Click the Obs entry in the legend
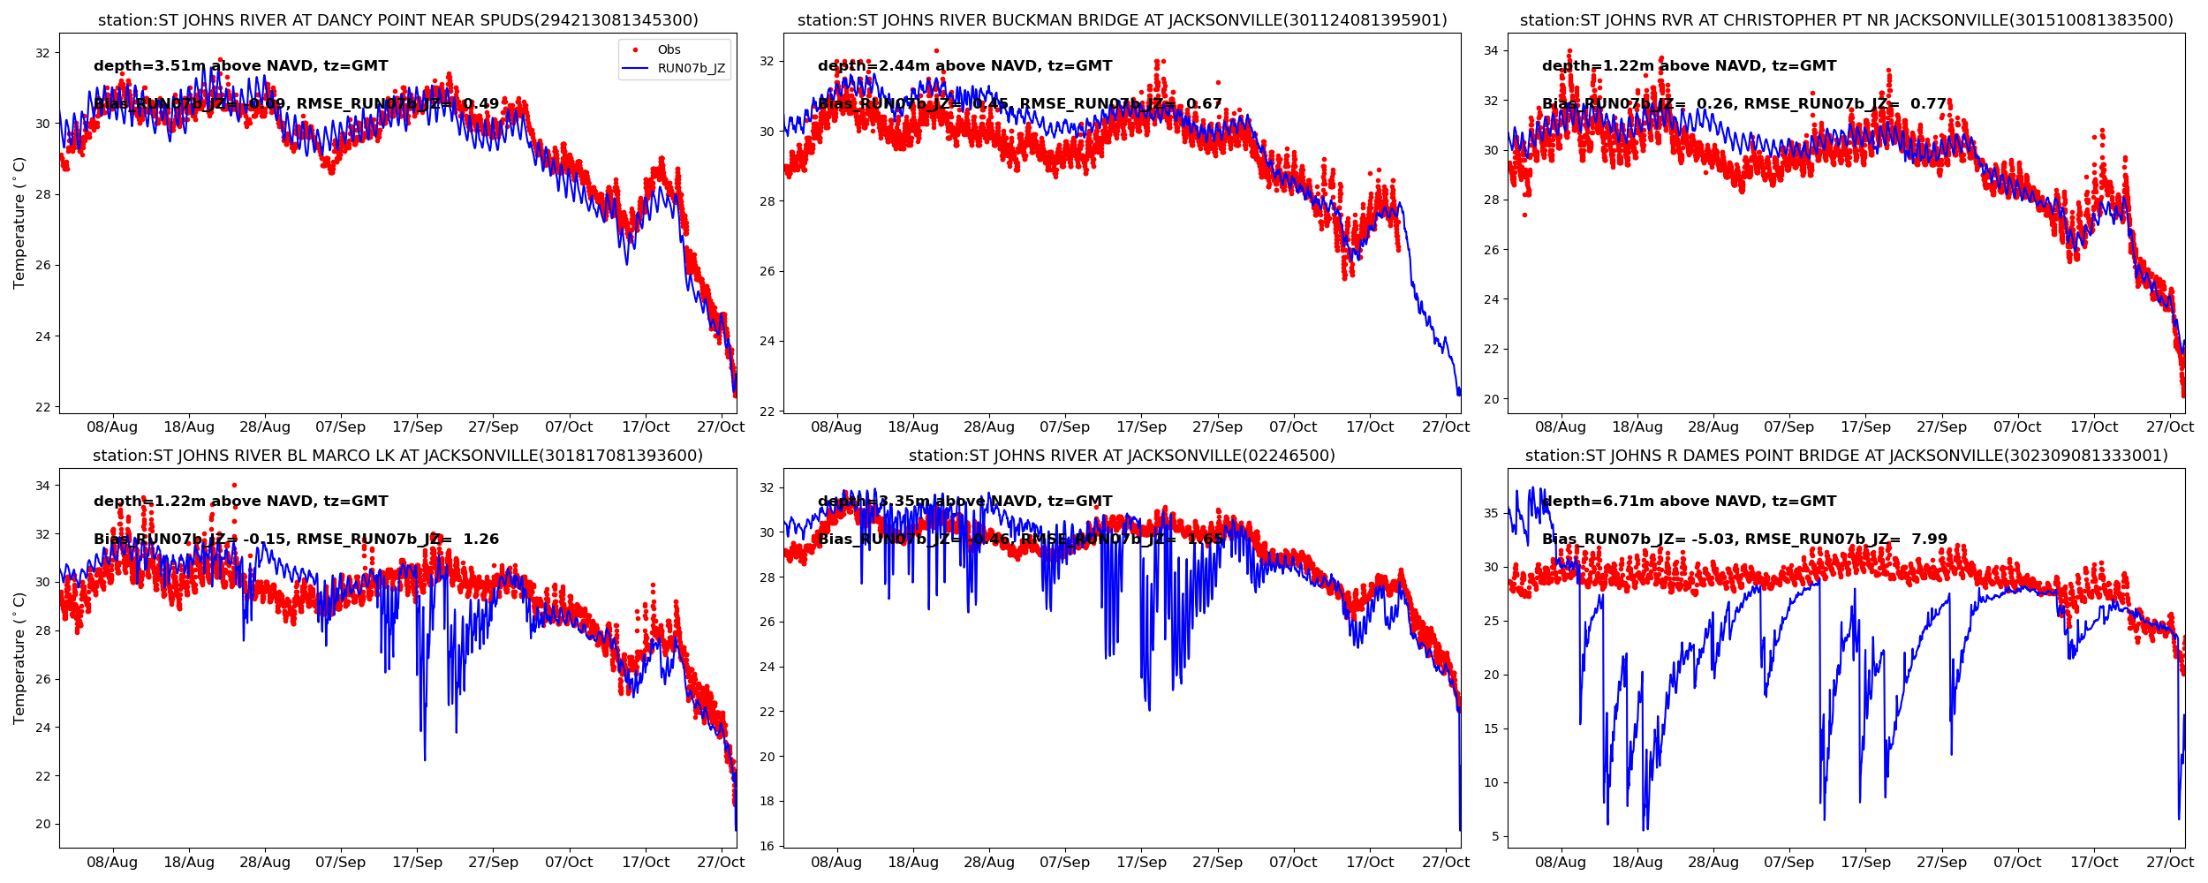(669, 50)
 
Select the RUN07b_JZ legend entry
(691, 69)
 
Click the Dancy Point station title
(397, 20)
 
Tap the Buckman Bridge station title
(1122, 20)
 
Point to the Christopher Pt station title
(1846, 20)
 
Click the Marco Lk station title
(397, 456)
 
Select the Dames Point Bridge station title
(1846, 456)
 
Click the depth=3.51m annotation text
(240, 66)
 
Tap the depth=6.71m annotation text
(1689, 502)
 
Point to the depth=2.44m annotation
(964, 66)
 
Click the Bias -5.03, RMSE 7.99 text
(1744, 540)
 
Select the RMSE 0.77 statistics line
(1744, 104)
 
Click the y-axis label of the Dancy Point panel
(19, 223)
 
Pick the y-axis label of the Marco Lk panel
(19, 658)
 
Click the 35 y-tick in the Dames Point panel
(1490, 513)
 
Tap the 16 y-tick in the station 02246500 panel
(766, 846)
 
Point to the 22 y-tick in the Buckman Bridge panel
(766, 411)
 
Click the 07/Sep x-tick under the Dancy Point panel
(340, 427)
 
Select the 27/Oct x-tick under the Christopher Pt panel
(2170, 427)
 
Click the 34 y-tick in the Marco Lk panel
(42, 486)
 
